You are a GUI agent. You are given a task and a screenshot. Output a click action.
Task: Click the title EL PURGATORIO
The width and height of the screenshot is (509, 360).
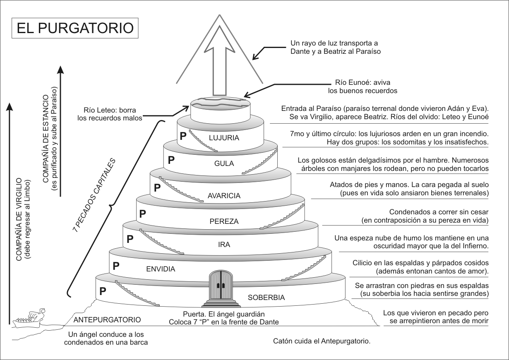tap(75, 28)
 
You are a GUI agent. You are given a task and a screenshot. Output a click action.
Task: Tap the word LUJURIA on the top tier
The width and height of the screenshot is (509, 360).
tap(224, 138)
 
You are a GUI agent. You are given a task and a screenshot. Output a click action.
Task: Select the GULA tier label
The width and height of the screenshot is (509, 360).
tap(224, 163)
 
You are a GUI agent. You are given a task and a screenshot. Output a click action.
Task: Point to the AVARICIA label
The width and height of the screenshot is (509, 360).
tap(224, 196)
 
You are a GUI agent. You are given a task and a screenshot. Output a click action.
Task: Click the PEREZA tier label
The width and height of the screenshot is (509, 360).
tap(224, 221)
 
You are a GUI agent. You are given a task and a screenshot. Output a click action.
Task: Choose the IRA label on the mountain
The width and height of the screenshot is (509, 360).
tap(224, 245)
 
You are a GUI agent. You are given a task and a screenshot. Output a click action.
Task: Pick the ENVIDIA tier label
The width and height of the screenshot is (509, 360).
tap(161, 269)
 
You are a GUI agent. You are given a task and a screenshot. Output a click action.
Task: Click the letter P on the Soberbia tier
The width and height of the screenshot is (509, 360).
tap(103, 291)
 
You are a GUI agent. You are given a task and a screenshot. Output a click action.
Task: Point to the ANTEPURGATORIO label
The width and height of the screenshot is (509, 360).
tap(107, 319)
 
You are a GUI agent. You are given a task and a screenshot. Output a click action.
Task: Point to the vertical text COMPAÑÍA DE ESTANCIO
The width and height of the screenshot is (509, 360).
tap(47, 134)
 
